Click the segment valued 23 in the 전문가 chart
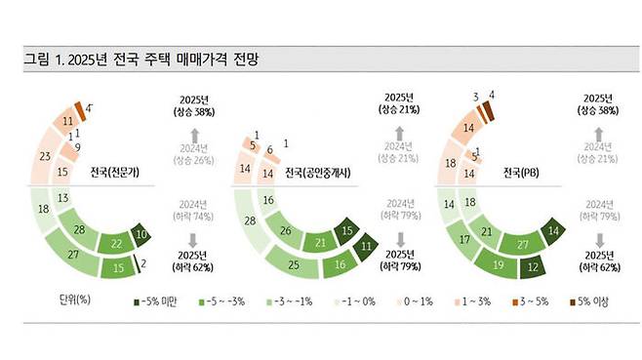click(43, 156)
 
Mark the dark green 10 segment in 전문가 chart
click(141, 235)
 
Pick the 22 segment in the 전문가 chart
click(117, 244)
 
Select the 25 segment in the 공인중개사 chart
click(294, 263)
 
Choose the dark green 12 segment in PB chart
click(532, 265)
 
